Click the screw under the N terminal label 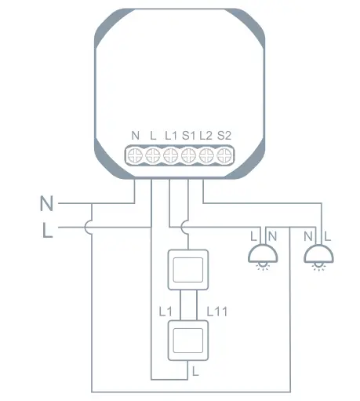pos(135,155)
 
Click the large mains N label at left pos(47,205)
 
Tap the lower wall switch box pos(187,339)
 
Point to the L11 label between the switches pos(217,312)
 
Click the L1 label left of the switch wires pos(165,312)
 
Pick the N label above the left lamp pos(271,235)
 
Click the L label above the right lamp pos(326,235)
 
